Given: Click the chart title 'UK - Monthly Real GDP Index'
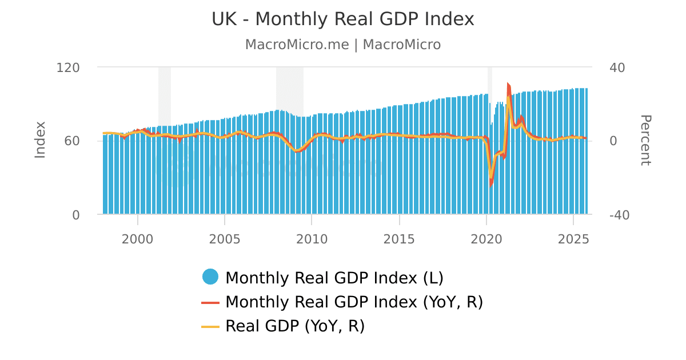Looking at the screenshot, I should [x=343, y=19].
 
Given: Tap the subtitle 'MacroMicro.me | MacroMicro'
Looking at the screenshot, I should [x=343, y=45].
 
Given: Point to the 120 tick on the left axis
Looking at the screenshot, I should [x=68, y=67].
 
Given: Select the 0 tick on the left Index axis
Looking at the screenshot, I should [x=76, y=215].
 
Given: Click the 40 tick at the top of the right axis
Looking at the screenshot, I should [x=617, y=67].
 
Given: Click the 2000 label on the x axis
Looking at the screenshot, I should [x=138, y=239].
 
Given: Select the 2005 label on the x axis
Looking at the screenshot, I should [x=225, y=239].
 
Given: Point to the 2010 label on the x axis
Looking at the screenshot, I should [x=312, y=239].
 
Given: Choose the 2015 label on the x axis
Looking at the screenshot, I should [x=399, y=239].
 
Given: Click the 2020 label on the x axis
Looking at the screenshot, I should [x=486, y=239].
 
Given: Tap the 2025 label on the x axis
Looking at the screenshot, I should [x=573, y=239].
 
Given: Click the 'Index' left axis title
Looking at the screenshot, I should [x=40, y=140].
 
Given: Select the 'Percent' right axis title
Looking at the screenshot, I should [x=645, y=140].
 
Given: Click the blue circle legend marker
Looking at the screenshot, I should [x=210, y=277].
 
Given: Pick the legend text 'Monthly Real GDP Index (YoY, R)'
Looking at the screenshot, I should [x=354, y=302].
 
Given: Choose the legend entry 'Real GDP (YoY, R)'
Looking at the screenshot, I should [x=295, y=326].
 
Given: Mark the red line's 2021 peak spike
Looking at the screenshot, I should [x=508, y=84].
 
